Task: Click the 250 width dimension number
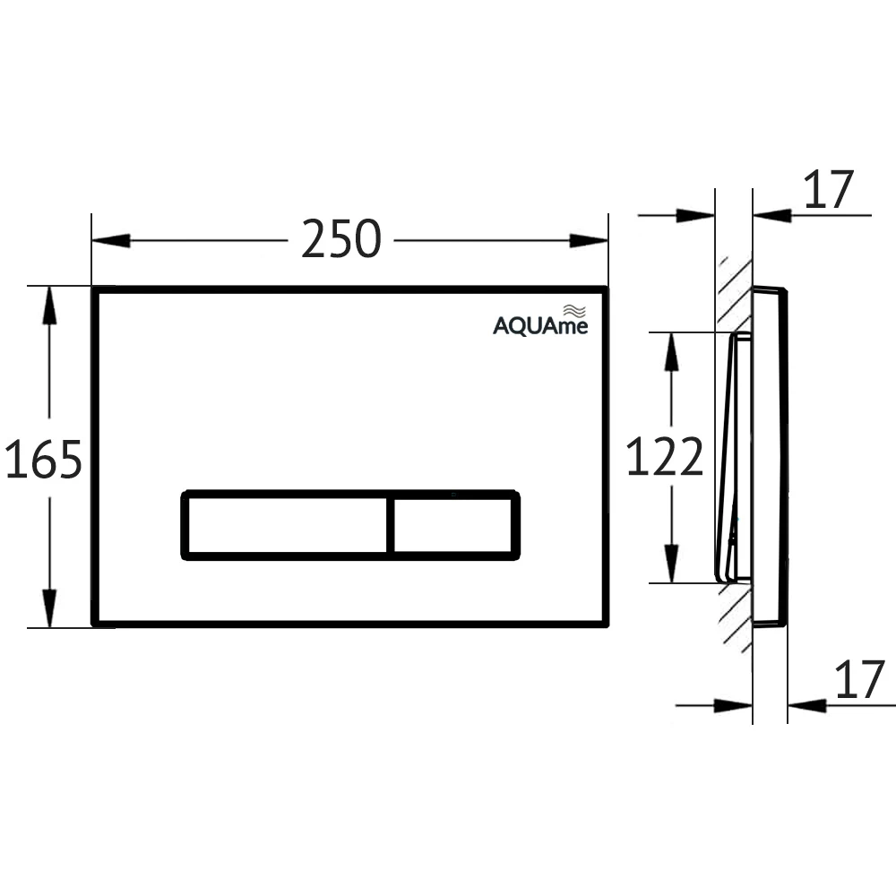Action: coord(340,239)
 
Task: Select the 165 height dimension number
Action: coord(43,459)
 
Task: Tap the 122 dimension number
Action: coord(665,456)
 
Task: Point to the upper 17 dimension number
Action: coord(829,190)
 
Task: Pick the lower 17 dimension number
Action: coord(860,679)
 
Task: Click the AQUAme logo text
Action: coord(540,326)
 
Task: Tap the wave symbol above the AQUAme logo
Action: coord(574,311)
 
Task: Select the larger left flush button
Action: coord(288,525)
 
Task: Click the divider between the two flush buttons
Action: coord(391,525)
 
